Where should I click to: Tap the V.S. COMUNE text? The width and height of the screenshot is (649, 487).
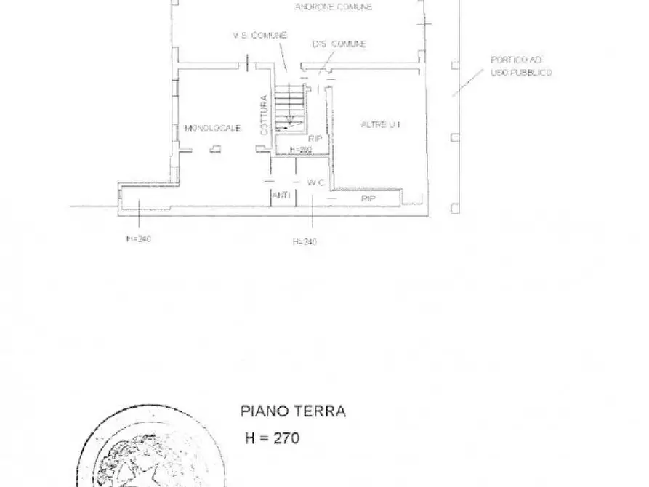click(x=259, y=35)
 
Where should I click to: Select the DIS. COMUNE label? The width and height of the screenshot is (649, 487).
click(x=339, y=44)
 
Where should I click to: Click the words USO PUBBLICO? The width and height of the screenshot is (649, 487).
click(x=520, y=73)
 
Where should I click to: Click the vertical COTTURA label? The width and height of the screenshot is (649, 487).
click(x=265, y=116)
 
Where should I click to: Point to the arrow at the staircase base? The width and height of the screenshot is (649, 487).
click(x=291, y=123)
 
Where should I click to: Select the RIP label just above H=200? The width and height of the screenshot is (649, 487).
click(x=315, y=138)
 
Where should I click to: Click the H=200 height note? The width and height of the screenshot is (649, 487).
click(x=299, y=150)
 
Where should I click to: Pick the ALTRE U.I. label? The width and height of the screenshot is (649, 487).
click(x=381, y=125)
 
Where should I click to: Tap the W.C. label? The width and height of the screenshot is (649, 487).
click(x=315, y=182)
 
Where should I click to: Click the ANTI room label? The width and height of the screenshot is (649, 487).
click(x=281, y=196)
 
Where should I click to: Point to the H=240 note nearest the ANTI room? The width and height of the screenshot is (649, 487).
click(x=304, y=242)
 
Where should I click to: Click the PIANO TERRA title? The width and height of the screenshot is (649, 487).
click(x=293, y=411)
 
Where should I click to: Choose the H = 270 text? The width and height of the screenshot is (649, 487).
click(x=270, y=438)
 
